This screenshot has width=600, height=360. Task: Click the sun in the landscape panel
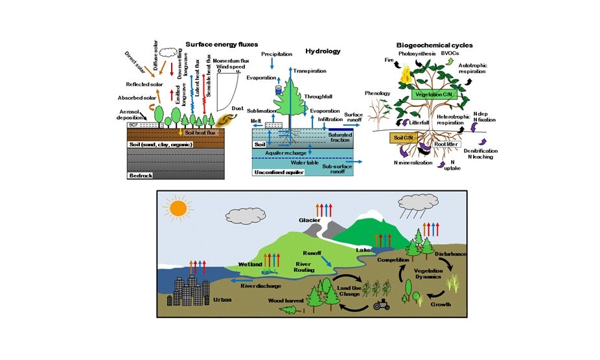pyautogui.click(x=178, y=208)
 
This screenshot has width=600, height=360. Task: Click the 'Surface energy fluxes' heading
pyautogui.click(x=217, y=45)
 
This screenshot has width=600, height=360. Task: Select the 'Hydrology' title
pyautogui.click(x=323, y=51)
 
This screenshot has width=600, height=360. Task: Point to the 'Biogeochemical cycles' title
pyautogui.click(x=434, y=45)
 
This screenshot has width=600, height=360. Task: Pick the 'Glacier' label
pyautogui.click(x=310, y=219)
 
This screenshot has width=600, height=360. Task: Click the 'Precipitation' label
pyautogui.click(x=277, y=54)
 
